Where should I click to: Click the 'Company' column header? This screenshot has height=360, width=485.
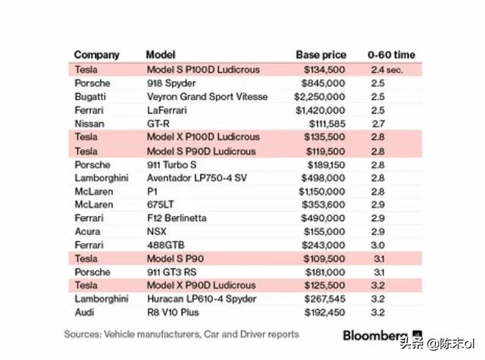[96, 55]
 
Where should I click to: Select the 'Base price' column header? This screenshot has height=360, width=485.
[321, 55]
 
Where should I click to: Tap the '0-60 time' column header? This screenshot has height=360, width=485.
[392, 55]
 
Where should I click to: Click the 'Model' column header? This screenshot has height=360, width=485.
[160, 55]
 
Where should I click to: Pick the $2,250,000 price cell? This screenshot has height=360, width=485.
[318, 97]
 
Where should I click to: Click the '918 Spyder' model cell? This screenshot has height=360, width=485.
[171, 83]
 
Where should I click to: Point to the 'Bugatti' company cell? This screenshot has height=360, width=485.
[90, 97]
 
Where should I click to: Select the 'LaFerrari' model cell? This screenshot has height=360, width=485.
[167, 111]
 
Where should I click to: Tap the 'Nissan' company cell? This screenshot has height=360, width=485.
[89, 124]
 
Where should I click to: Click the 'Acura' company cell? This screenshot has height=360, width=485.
[86, 231]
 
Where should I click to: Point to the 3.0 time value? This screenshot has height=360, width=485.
[378, 245]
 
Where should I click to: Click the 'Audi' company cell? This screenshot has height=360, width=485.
[85, 312]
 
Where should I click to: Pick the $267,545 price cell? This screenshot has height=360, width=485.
[324, 299]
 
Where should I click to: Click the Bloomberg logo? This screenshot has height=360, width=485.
[374, 334]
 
